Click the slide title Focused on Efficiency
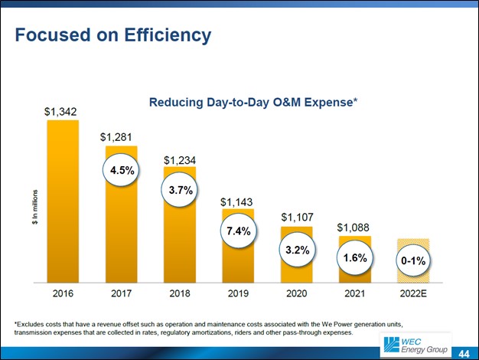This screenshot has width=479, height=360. click(113, 35)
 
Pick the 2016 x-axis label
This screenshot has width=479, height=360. click(62, 293)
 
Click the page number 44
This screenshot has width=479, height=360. click(464, 352)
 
